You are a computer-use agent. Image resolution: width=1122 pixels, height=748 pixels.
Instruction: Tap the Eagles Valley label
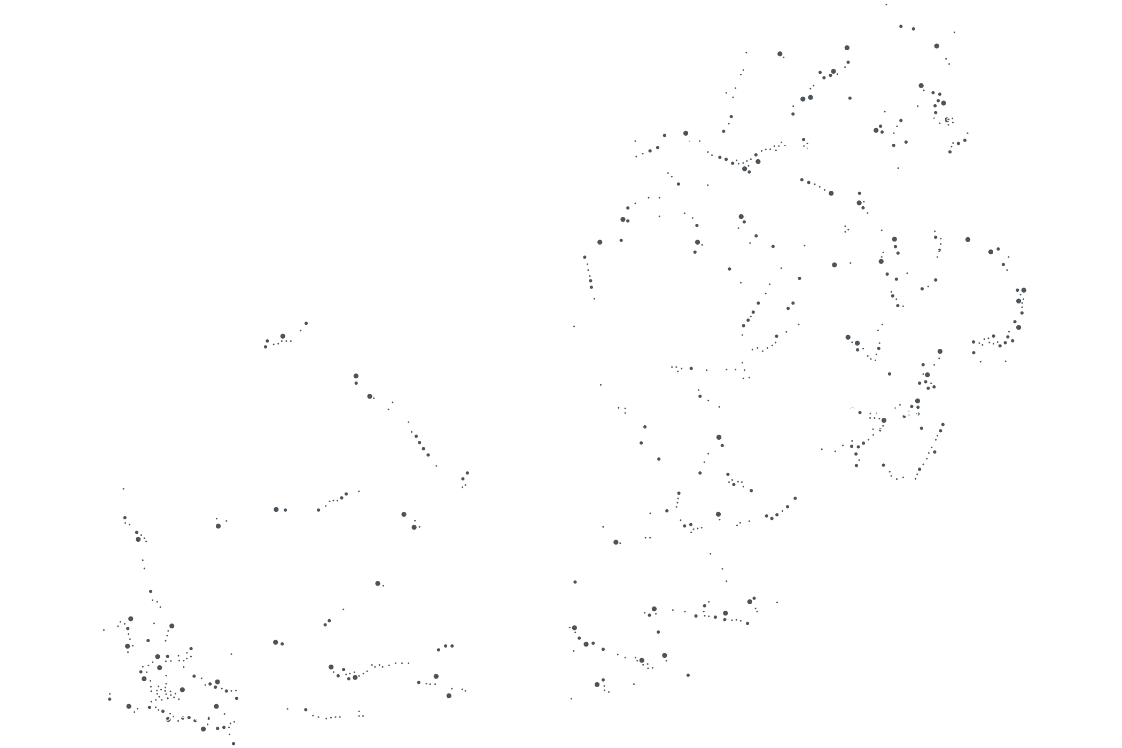tap(809, 144)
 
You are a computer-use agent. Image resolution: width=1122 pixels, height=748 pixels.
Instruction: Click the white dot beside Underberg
tap(852, 411)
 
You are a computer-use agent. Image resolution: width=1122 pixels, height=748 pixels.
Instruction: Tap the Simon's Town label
tap(179, 717)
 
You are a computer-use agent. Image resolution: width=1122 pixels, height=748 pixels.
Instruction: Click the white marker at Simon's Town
tap(134, 716)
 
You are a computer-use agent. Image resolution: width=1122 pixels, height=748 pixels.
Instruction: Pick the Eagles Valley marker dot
tap(765, 145)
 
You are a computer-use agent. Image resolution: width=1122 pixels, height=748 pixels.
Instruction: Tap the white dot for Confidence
tap(931, 228)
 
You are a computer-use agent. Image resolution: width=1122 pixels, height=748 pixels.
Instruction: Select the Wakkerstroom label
tap(938, 253)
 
